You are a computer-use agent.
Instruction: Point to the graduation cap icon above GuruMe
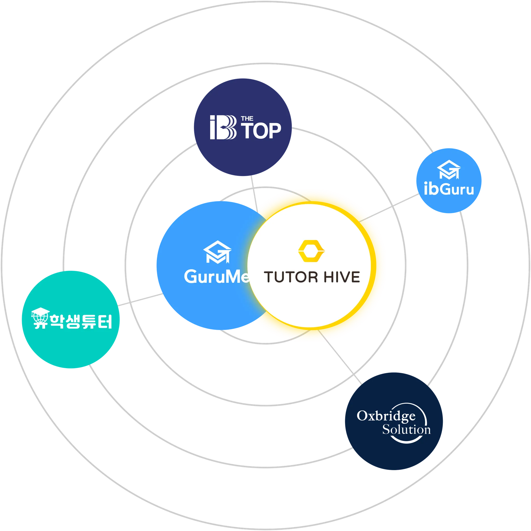(x=217, y=252)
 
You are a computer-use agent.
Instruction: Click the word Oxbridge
(x=386, y=416)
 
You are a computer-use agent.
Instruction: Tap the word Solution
(x=406, y=429)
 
